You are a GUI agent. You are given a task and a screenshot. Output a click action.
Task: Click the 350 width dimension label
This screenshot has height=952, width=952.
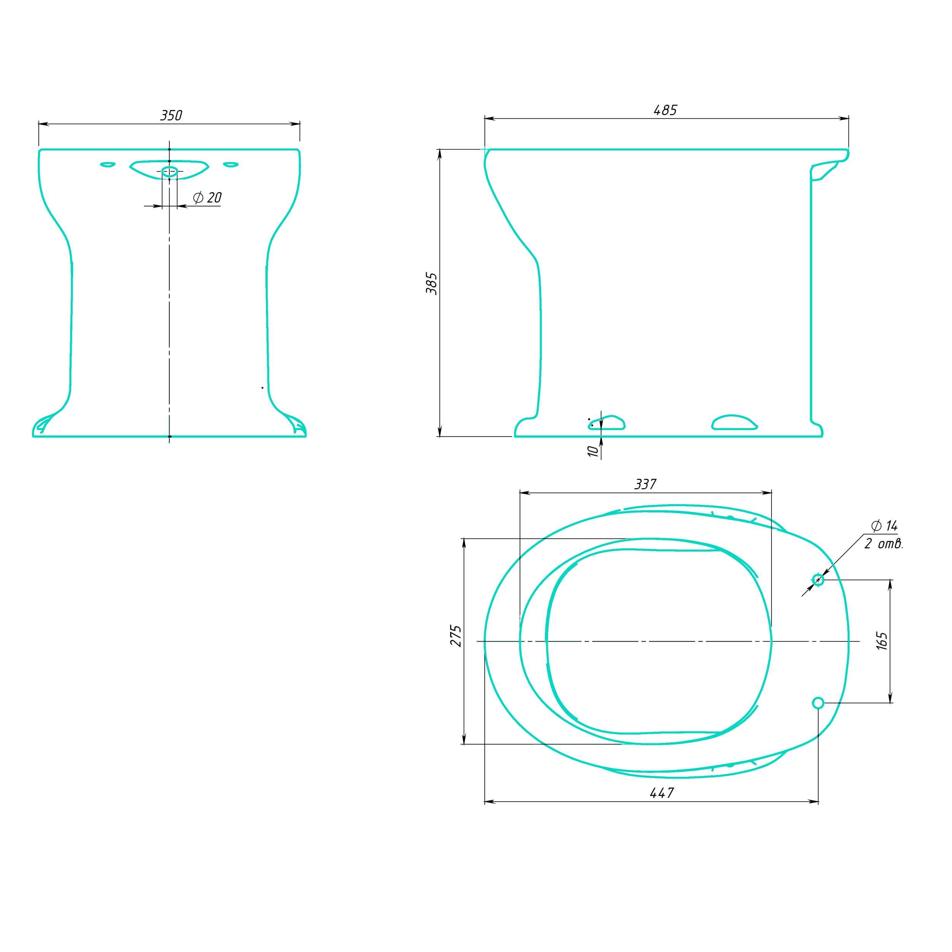(171, 115)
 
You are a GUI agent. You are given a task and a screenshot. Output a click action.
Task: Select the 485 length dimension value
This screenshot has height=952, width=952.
(665, 110)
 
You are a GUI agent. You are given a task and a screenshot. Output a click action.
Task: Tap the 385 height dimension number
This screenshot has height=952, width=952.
(432, 283)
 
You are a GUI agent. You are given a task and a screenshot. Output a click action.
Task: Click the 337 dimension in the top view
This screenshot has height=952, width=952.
(645, 484)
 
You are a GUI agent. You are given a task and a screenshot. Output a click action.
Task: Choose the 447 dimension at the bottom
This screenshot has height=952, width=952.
(662, 793)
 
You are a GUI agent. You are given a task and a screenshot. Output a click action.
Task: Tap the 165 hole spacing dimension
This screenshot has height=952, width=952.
(882, 641)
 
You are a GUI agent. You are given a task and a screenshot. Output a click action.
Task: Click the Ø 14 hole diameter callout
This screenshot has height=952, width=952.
(885, 526)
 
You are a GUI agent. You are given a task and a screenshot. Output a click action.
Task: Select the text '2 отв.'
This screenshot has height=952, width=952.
(884, 543)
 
